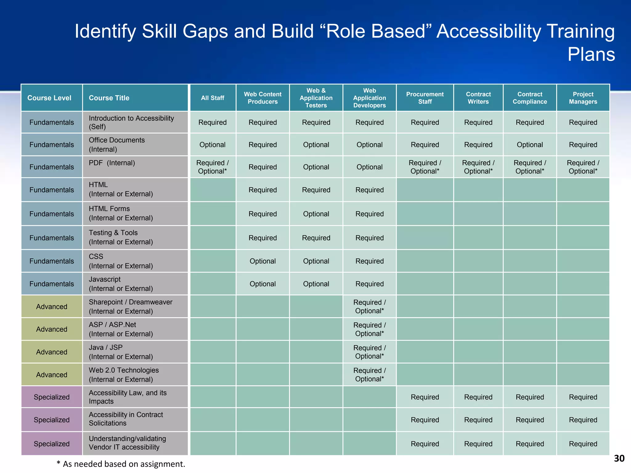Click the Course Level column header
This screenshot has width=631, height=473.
pyautogui.click(x=49, y=98)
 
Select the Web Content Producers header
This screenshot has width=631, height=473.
pyautogui.click(x=263, y=98)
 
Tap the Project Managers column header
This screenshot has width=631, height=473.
pyautogui.click(x=583, y=98)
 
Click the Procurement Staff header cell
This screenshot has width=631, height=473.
pyautogui.click(x=425, y=98)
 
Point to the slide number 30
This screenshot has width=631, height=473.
pyautogui.click(x=619, y=459)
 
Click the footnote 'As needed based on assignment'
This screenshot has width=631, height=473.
pyautogui.click(x=121, y=464)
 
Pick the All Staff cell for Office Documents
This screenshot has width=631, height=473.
pyautogui.click(x=212, y=145)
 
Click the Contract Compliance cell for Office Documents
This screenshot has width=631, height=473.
pyautogui.click(x=530, y=145)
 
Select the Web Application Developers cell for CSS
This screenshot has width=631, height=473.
pyautogui.click(x=369, y=261)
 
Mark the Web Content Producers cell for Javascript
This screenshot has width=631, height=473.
pyautogui.click(x=263, y=284)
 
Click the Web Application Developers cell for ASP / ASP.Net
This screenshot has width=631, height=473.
pyautogui.click(x=369, y=329)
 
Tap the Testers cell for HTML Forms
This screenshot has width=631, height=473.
pyautogui.click(x=316, y=214)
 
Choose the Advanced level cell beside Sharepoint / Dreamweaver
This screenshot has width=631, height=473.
pyautogui.click(x=51, y=307)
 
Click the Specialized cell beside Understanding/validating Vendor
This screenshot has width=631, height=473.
pyautogui.click(x=51, y=444)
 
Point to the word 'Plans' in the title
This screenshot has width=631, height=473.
pyautogui.click(x=591, y=55)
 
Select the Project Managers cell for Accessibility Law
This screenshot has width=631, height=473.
pyautogui.click(x=583, y=397)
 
